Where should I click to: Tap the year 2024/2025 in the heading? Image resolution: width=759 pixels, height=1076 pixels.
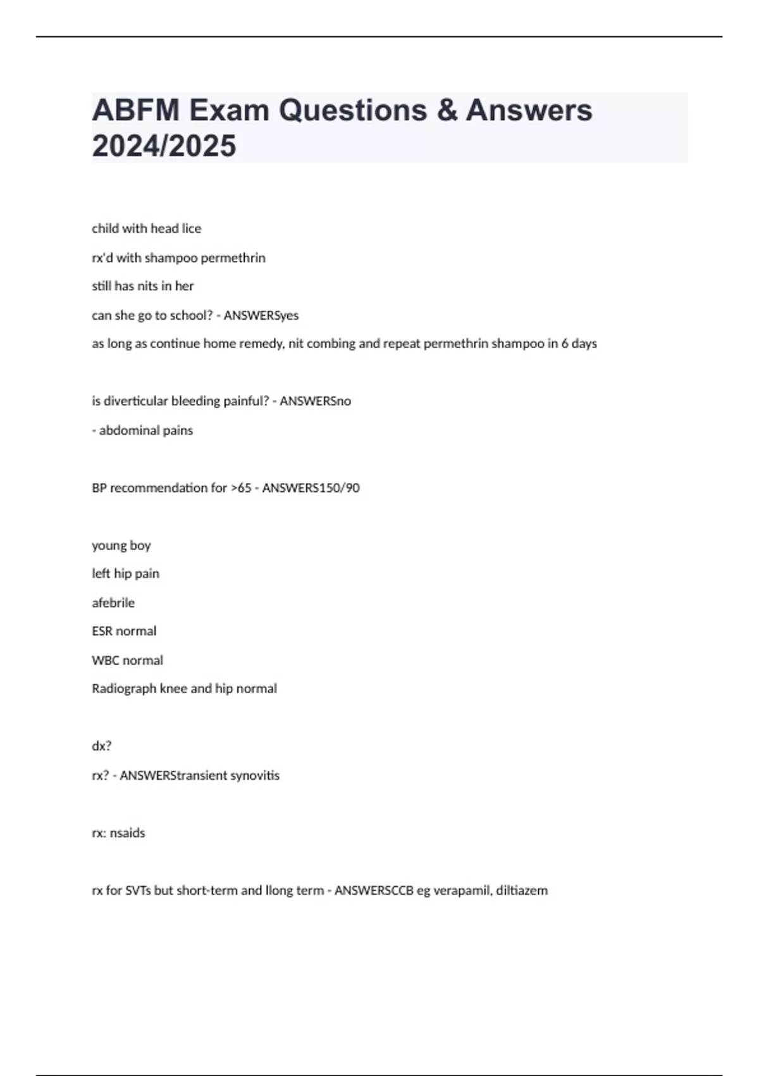(164, 146)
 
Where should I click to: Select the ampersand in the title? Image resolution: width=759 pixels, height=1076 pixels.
(447, 110)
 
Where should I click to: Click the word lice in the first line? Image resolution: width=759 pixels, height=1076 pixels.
(192, 228)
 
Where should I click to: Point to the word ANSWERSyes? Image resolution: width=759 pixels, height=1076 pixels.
(261, 315)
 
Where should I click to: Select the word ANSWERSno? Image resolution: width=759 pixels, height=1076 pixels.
(315, 401)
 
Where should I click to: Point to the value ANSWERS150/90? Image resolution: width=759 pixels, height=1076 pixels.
(311, 488)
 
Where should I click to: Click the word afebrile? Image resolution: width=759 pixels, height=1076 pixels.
(113, 603)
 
